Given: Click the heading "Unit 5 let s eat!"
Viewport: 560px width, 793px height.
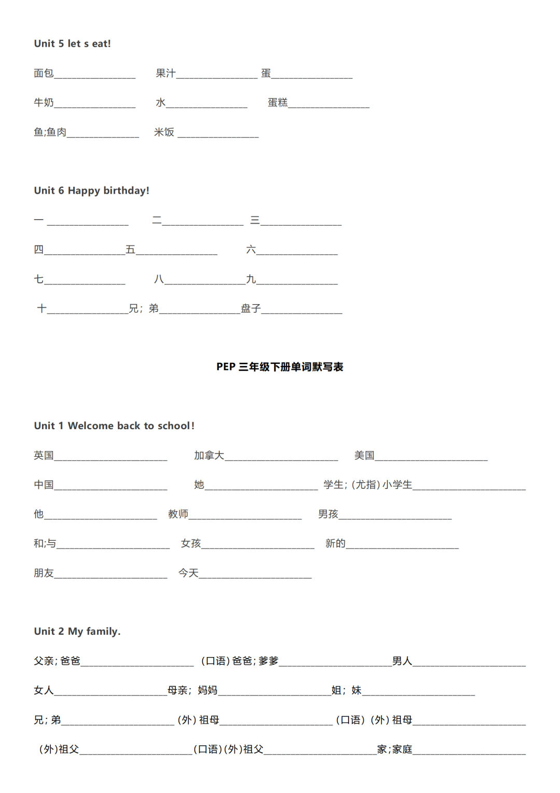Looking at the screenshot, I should [x=72, y=44].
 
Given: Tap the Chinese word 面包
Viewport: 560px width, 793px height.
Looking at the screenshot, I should [x=44, y=73].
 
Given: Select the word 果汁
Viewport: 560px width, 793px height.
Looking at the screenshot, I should [x=165, y=73].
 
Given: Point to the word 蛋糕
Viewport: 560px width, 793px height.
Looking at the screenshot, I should [x=277, y=103].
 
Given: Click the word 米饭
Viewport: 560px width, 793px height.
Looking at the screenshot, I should [x=164, y=132].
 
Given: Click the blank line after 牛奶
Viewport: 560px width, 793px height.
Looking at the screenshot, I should [x=94, y=106].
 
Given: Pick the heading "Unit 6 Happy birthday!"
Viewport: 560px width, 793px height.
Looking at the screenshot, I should [x=91, y=190].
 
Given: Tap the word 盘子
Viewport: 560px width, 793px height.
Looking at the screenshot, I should [x=250, y=309].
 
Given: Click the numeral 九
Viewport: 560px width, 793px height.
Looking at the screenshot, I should [x=251, y=279].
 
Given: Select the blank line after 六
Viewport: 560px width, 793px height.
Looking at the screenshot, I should [x=297, y=253].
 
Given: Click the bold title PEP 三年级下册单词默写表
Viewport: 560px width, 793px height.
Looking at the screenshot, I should [x=279, y=367].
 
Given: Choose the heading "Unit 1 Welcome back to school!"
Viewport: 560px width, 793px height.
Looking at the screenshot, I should [x=114, y=426].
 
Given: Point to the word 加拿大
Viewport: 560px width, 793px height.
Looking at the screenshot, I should [x=209, y=456].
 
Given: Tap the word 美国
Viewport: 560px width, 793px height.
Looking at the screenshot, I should [x=364, y=456].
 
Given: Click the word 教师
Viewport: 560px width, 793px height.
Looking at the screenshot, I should [x=178, y=514].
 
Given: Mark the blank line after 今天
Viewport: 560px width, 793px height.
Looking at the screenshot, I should [x=255, y=576].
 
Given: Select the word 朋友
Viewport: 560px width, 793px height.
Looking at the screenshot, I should [x=44, y=573].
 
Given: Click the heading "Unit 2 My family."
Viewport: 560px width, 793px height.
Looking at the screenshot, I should [x=77, y=632].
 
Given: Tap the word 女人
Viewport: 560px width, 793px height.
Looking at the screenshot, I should [x=44, y=690].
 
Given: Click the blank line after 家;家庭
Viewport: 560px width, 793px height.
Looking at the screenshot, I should [x=469, y=753].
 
